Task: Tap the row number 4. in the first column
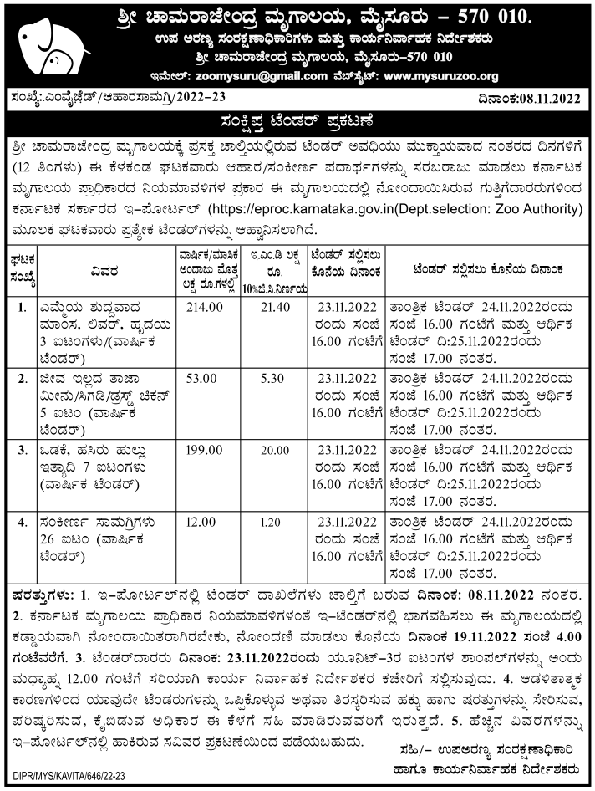click(21, 522)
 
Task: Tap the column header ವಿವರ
click(105, 269)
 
